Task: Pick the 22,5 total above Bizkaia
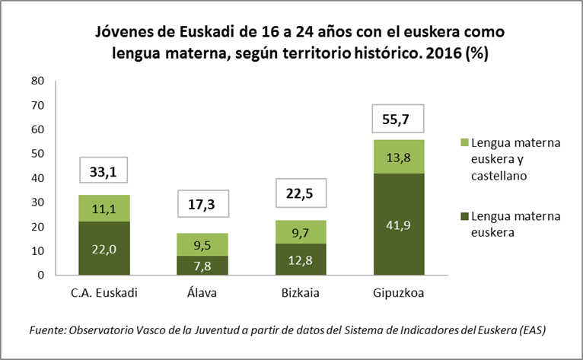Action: point(301,193)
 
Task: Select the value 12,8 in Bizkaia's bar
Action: point(301,260)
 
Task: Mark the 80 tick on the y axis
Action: point(39,81)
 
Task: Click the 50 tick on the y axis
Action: point(39,154)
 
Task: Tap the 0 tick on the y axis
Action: point(43,275)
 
